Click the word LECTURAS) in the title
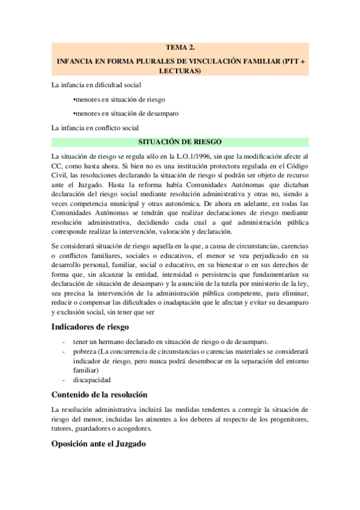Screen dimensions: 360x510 [180, 70]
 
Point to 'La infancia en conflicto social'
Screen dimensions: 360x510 [96, 127]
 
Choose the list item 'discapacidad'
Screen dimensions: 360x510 [91, 379]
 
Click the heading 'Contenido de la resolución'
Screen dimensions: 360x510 [99, 395]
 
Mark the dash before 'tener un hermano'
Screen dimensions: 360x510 [64, 341]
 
